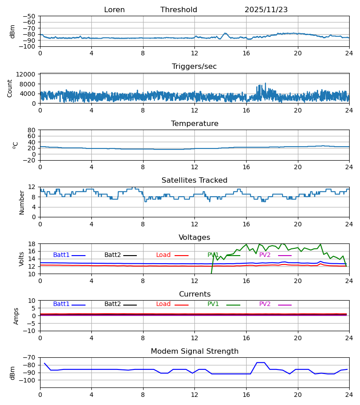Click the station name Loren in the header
[114, 10]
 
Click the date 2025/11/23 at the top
[266, 10]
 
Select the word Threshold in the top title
[179, 10]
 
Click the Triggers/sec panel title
[194, 67]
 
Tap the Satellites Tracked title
[194, 180]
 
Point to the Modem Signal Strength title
[194, 351]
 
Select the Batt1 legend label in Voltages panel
[61, 255]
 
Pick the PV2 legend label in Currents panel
[265, 304]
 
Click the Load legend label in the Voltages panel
[163, 255]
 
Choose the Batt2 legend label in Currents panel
[112, 304]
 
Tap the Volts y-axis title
[22, 259]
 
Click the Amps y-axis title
[16, 316]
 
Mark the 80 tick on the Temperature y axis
[31, 130]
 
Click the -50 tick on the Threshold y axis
[29, 16]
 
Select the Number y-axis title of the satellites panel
[22, 202]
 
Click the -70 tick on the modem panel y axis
[29, 358]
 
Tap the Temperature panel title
[194, 124]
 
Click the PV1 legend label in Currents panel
[213, 304]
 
